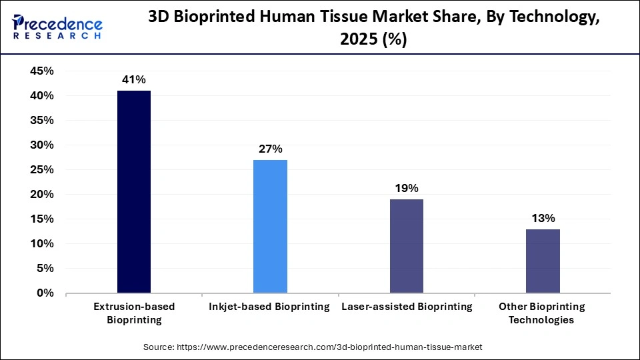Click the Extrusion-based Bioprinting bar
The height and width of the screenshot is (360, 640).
(x=134, y=192)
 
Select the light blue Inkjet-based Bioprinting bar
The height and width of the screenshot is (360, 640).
(x=270, y=226)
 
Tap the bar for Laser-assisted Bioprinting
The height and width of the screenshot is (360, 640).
(x=406, y=246)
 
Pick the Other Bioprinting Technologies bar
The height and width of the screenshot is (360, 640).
(x=543, y=261)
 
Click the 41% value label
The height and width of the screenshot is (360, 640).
(x=133, y=80)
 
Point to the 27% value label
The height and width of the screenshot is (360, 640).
(x=270, y=149)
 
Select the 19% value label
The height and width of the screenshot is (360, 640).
(x=406, y=188)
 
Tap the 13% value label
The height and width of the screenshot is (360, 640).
(x=543, y=218)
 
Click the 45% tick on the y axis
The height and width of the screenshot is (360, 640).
(x=42, y=71)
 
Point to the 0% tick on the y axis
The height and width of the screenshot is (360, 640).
(x=45, y=293)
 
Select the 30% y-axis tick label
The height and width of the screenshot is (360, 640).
(x=42, y=145)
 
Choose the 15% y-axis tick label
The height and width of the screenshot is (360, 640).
(x=42, y=219)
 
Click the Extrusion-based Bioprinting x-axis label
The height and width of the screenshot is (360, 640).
(x=134, y=313)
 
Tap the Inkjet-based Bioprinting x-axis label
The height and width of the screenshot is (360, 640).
(x=270, y=307)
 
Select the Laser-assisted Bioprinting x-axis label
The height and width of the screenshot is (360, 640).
(x=406, y=307)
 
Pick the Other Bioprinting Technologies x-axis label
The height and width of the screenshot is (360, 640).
(x=543, y=313)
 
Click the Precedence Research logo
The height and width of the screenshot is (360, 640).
(x=57, y=26)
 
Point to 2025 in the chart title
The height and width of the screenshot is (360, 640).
(x=360, y=39)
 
